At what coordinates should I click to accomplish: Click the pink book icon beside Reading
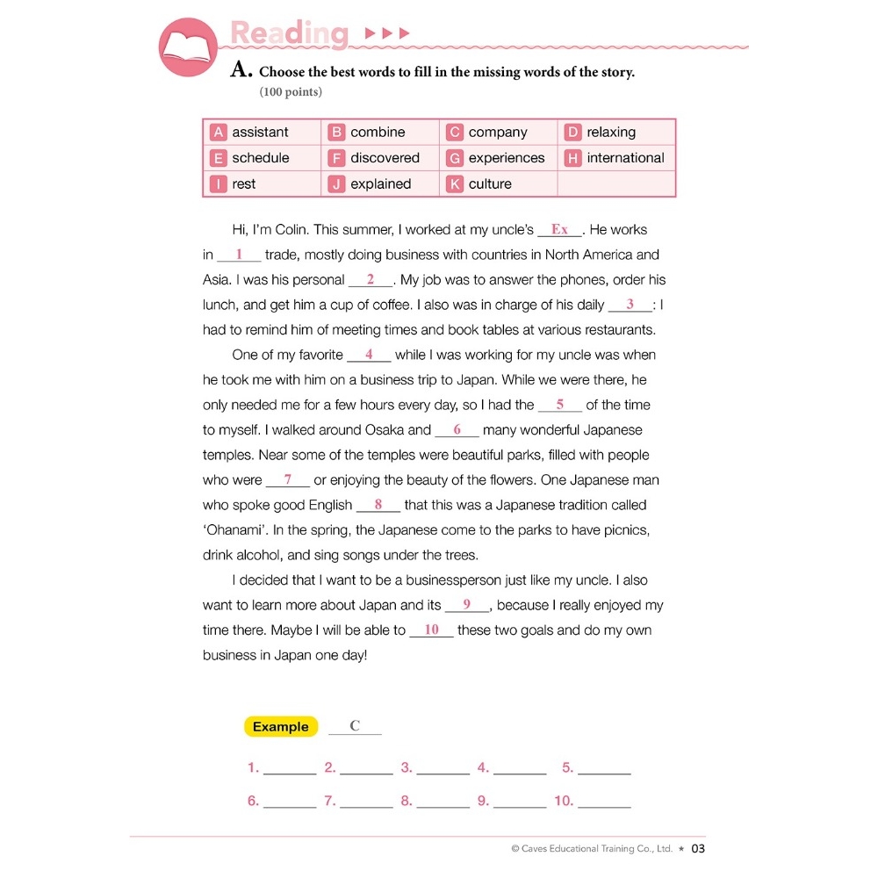tap(188, 47)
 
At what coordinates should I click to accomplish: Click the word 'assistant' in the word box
tap(260, 133)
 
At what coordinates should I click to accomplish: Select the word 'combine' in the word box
tap(378, 133)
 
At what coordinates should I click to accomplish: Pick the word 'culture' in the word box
tap(490, 184)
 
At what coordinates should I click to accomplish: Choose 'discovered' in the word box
tap(385, 158)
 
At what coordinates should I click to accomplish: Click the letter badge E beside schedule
tap(219, 158)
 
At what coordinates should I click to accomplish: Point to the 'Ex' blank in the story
tap(559, 230)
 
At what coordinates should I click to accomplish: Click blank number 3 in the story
tap(630, 305)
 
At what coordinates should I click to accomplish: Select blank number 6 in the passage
tap(457, 430)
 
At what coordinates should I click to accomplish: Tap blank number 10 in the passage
tap(431, 630)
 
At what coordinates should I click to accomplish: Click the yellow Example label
tap(280, 727)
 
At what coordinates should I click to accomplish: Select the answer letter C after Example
tap(355, 726)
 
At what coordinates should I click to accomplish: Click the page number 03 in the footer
tap(698, 849)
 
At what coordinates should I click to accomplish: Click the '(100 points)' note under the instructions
tap(291, 92)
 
